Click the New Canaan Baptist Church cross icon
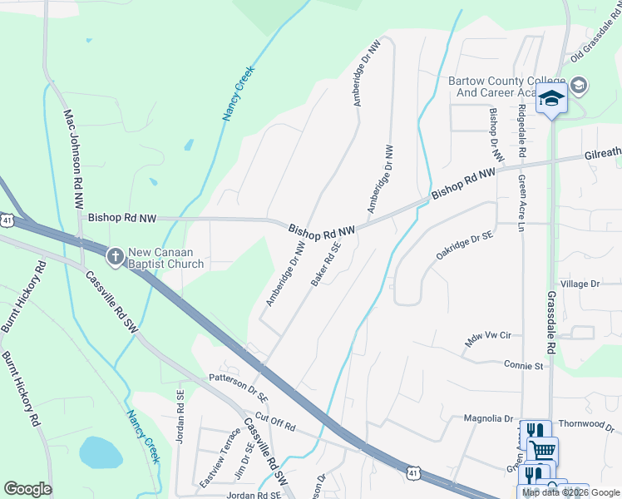point(116,253)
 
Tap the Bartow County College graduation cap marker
point(551,98)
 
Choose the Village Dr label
point(580,284)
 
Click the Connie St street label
point(523,365)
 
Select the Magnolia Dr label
point(486,419)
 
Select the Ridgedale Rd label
point(521,131)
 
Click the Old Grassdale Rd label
point(596,49)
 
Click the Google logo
point(27,489)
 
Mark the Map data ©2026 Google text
point(570,492)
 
